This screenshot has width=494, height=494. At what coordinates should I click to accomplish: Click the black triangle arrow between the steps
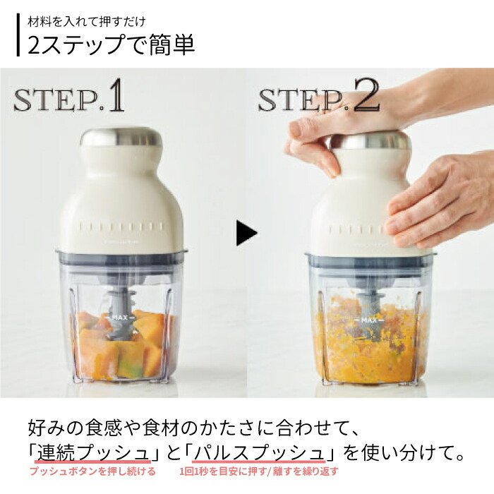click(246, 233)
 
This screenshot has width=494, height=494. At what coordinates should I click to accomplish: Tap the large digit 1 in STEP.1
click(116, 95)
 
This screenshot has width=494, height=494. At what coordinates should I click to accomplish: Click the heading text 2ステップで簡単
click(111, 44)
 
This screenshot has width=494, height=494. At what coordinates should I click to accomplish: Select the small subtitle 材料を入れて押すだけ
click(87, 22)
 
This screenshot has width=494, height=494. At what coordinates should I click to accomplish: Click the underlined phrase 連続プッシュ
click(93, 453)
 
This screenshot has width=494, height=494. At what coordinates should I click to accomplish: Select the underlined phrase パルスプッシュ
click(259, 453)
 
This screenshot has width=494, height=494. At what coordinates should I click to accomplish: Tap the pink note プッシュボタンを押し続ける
click(92, 471)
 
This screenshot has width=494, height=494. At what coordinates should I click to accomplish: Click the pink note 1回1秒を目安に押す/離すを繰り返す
click(259, 471)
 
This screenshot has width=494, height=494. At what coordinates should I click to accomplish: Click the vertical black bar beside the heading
click(18, 35)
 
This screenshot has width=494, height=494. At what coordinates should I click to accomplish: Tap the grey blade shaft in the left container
click(121, 314)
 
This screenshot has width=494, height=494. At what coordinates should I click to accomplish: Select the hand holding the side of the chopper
click(441, 198)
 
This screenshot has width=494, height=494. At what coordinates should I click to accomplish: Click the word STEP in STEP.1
click(56, 100)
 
